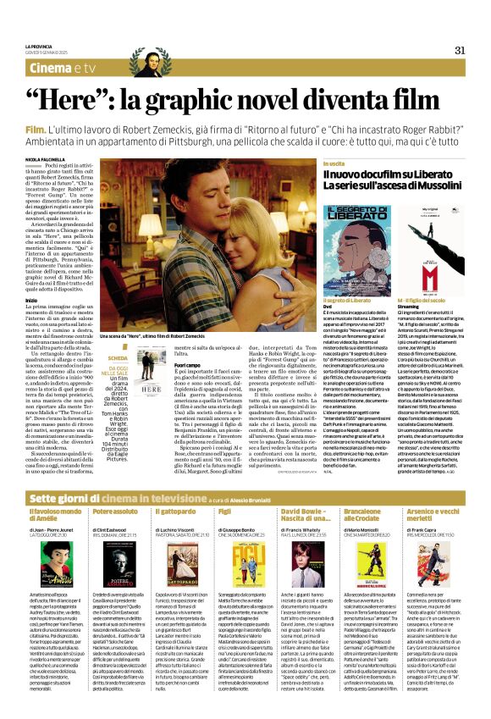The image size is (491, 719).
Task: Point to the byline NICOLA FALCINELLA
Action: pyautogui.click(x=45, y=158)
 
